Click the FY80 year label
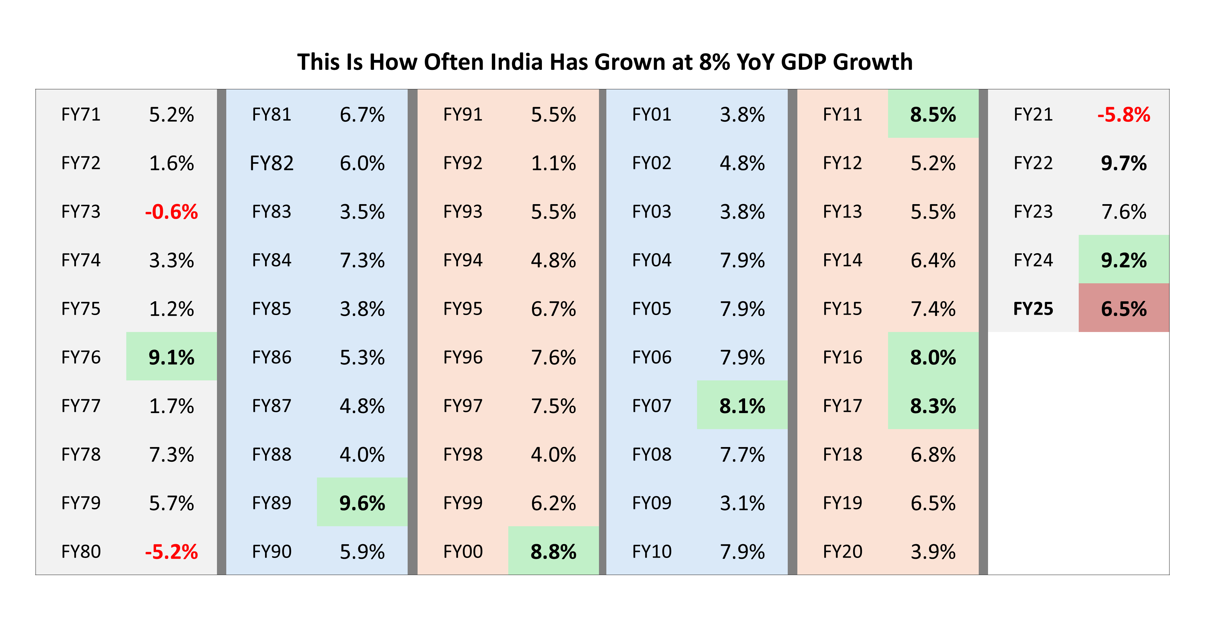click(81, 552)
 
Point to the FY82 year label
click(271, 163)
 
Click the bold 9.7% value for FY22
click(1124, 163)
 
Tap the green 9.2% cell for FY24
click(1124, 260)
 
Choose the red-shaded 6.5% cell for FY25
click(1124, 309)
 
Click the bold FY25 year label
click(1033, 309)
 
